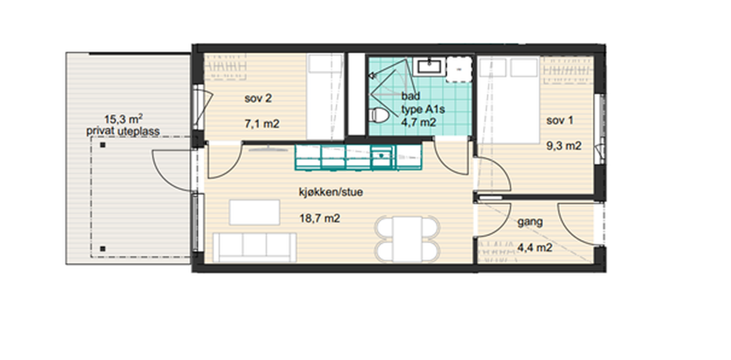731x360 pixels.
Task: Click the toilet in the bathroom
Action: pyautogui.click(x=379, y=115)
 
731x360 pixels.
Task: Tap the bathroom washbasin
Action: pyautogui.click(x=429, y=66)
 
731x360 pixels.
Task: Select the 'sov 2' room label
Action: pyautogui.click(x=258, y=98)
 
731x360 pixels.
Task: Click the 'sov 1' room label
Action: pyautogui.click(x=560, y=121)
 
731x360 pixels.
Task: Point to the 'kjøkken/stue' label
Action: pyautogui.click(x=331, y=192)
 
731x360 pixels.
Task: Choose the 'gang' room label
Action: pyautogui.click(x=530, y=222)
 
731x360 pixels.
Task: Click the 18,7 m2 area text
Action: pyautogui.click(x=320, y=218)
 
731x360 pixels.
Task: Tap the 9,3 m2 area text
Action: pyautogui.click(x=564, y=146)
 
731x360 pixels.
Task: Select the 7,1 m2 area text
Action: pyautogui.click(x=262, y=124)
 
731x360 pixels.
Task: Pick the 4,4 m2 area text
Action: pyautogui.click(x=535, y=247)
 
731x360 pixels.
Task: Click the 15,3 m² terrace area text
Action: pyautogui.click(x=123, y=119)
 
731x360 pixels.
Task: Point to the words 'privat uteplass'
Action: pyautogui.click(x=123, y=131)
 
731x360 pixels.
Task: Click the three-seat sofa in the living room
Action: pyautogui.click(x=255, y=247)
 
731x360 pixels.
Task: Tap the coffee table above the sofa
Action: pyautogui.click(x=255, y=213)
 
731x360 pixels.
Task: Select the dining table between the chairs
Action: pyautogui.click(x=407, y=239)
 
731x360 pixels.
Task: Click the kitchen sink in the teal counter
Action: pyautogui.click(x=381, y=155)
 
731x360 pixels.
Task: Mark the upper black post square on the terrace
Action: pyautogui.click(x=103, y=145)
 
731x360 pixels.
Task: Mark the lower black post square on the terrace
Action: pyautogui.click(x=103, y=249)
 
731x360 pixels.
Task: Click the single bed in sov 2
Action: pyautogui.click(x=326, y=97)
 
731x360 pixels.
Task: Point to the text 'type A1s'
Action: pyautogui.click(x=423, y=110)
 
